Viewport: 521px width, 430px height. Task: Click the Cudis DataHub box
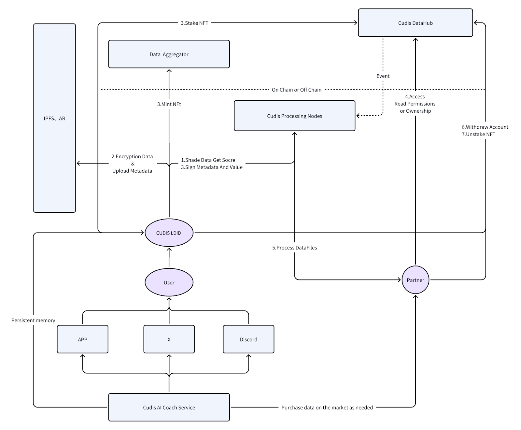(415, 23)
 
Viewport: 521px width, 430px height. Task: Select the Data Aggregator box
(169, 54)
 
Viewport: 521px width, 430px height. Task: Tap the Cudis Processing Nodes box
(294, 116)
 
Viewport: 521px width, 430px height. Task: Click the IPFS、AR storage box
(54, 118)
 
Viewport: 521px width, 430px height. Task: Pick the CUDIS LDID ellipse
(169, 233)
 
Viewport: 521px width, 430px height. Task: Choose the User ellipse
(169, 282)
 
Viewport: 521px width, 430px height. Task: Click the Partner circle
(415, 280)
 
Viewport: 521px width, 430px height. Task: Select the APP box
(82, 339)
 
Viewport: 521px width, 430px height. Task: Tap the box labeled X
(169, 339)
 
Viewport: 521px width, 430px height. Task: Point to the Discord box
(248, 339)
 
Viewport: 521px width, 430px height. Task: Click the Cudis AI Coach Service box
(169, 407)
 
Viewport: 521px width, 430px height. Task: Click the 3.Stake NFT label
(194, 23)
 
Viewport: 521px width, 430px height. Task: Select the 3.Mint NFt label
(169, 104)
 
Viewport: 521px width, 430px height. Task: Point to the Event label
(383, 76)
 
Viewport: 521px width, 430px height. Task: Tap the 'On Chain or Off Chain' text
(296, 90)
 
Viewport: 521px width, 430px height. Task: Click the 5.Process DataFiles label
(294, 248)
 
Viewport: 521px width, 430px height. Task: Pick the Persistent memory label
(33, 320)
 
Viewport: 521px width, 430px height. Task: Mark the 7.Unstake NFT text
(478, 134)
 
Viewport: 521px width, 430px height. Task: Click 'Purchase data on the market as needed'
(327, 407)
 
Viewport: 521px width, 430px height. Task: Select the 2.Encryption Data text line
(132, 156)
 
